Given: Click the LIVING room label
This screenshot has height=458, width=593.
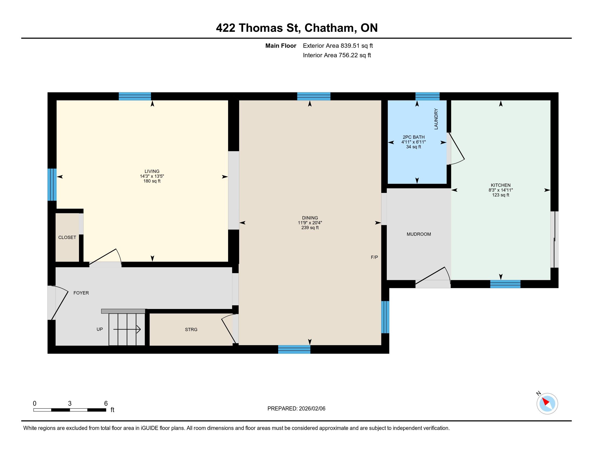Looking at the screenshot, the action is [x=152, y=171].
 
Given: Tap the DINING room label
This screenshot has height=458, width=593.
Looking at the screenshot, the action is [x=310, y=218].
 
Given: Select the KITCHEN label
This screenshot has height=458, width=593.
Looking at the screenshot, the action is [x=501, y=185].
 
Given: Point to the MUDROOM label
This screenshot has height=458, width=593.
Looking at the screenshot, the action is [x=419, y=234].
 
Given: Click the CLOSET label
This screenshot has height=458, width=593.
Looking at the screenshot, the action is [x=67, y=237].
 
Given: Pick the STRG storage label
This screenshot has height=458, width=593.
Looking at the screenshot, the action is [x=191, y=329].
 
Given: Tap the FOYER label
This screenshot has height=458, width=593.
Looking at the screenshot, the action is [x=81, y=293].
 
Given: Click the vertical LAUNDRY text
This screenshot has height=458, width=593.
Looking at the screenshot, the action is [x=436, y=119].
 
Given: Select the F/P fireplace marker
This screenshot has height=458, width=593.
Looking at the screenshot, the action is [x=374, y=257].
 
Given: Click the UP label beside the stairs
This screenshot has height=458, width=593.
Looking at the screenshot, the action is [x=100, y=329].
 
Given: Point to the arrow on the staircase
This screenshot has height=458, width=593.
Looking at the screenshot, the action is [x=127, y=329].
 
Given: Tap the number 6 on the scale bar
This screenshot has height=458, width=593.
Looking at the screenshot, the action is [x=106, y=403].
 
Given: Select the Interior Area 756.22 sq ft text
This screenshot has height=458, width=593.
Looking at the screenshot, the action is [x=337, y=55].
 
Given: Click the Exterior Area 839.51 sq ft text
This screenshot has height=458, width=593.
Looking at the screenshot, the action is [x=338, y=46].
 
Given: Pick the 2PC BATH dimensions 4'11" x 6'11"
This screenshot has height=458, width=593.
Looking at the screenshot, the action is [x=413, y=142].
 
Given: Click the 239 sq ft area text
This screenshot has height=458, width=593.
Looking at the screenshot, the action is [x=310, y=228].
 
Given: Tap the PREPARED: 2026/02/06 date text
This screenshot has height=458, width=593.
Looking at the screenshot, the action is [x=296, y=408].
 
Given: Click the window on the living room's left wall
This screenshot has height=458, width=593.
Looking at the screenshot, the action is [x=52, y=185].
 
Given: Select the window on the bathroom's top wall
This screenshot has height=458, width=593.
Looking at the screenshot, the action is [x=427, y=96].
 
